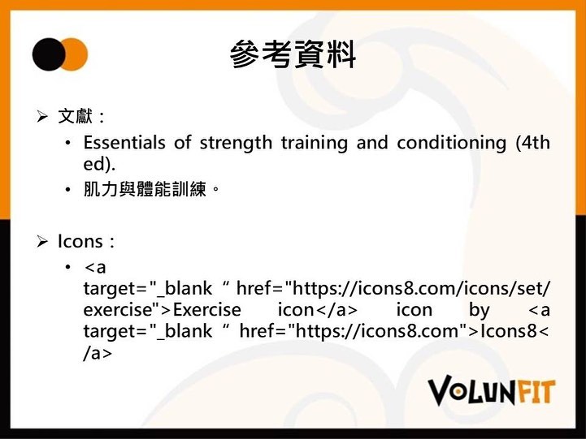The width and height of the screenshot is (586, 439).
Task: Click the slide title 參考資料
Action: (x=293, y=54)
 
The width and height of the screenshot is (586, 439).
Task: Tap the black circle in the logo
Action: (x=48, y=54)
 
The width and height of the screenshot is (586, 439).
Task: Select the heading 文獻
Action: (x=75, y=116)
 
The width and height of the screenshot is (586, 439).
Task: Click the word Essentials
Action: (x=124, y=143)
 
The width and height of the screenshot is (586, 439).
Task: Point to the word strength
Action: (x=236, y=143)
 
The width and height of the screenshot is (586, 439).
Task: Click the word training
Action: (x=315, y=144)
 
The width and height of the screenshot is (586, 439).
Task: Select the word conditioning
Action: (x=451, y=144)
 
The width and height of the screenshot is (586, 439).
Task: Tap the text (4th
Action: (x=532, y=143)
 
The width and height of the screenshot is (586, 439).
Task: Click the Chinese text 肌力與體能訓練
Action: (x=145, y=189)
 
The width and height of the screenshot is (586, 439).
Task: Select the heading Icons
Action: (x=80, y=241)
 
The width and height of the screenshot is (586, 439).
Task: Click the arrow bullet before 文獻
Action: (x=42, y=117)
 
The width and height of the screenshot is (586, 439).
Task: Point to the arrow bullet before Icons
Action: (x=42, y=242)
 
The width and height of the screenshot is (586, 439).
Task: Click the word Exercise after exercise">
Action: (x=207, y=310)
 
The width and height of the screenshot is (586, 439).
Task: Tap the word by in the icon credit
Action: (x=479, y=311)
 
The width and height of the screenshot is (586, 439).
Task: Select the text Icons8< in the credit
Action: (x=514, y=331)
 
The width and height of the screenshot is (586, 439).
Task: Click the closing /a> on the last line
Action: (x=98, y=353)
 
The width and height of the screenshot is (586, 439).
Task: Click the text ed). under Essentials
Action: (x=99, y=165)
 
